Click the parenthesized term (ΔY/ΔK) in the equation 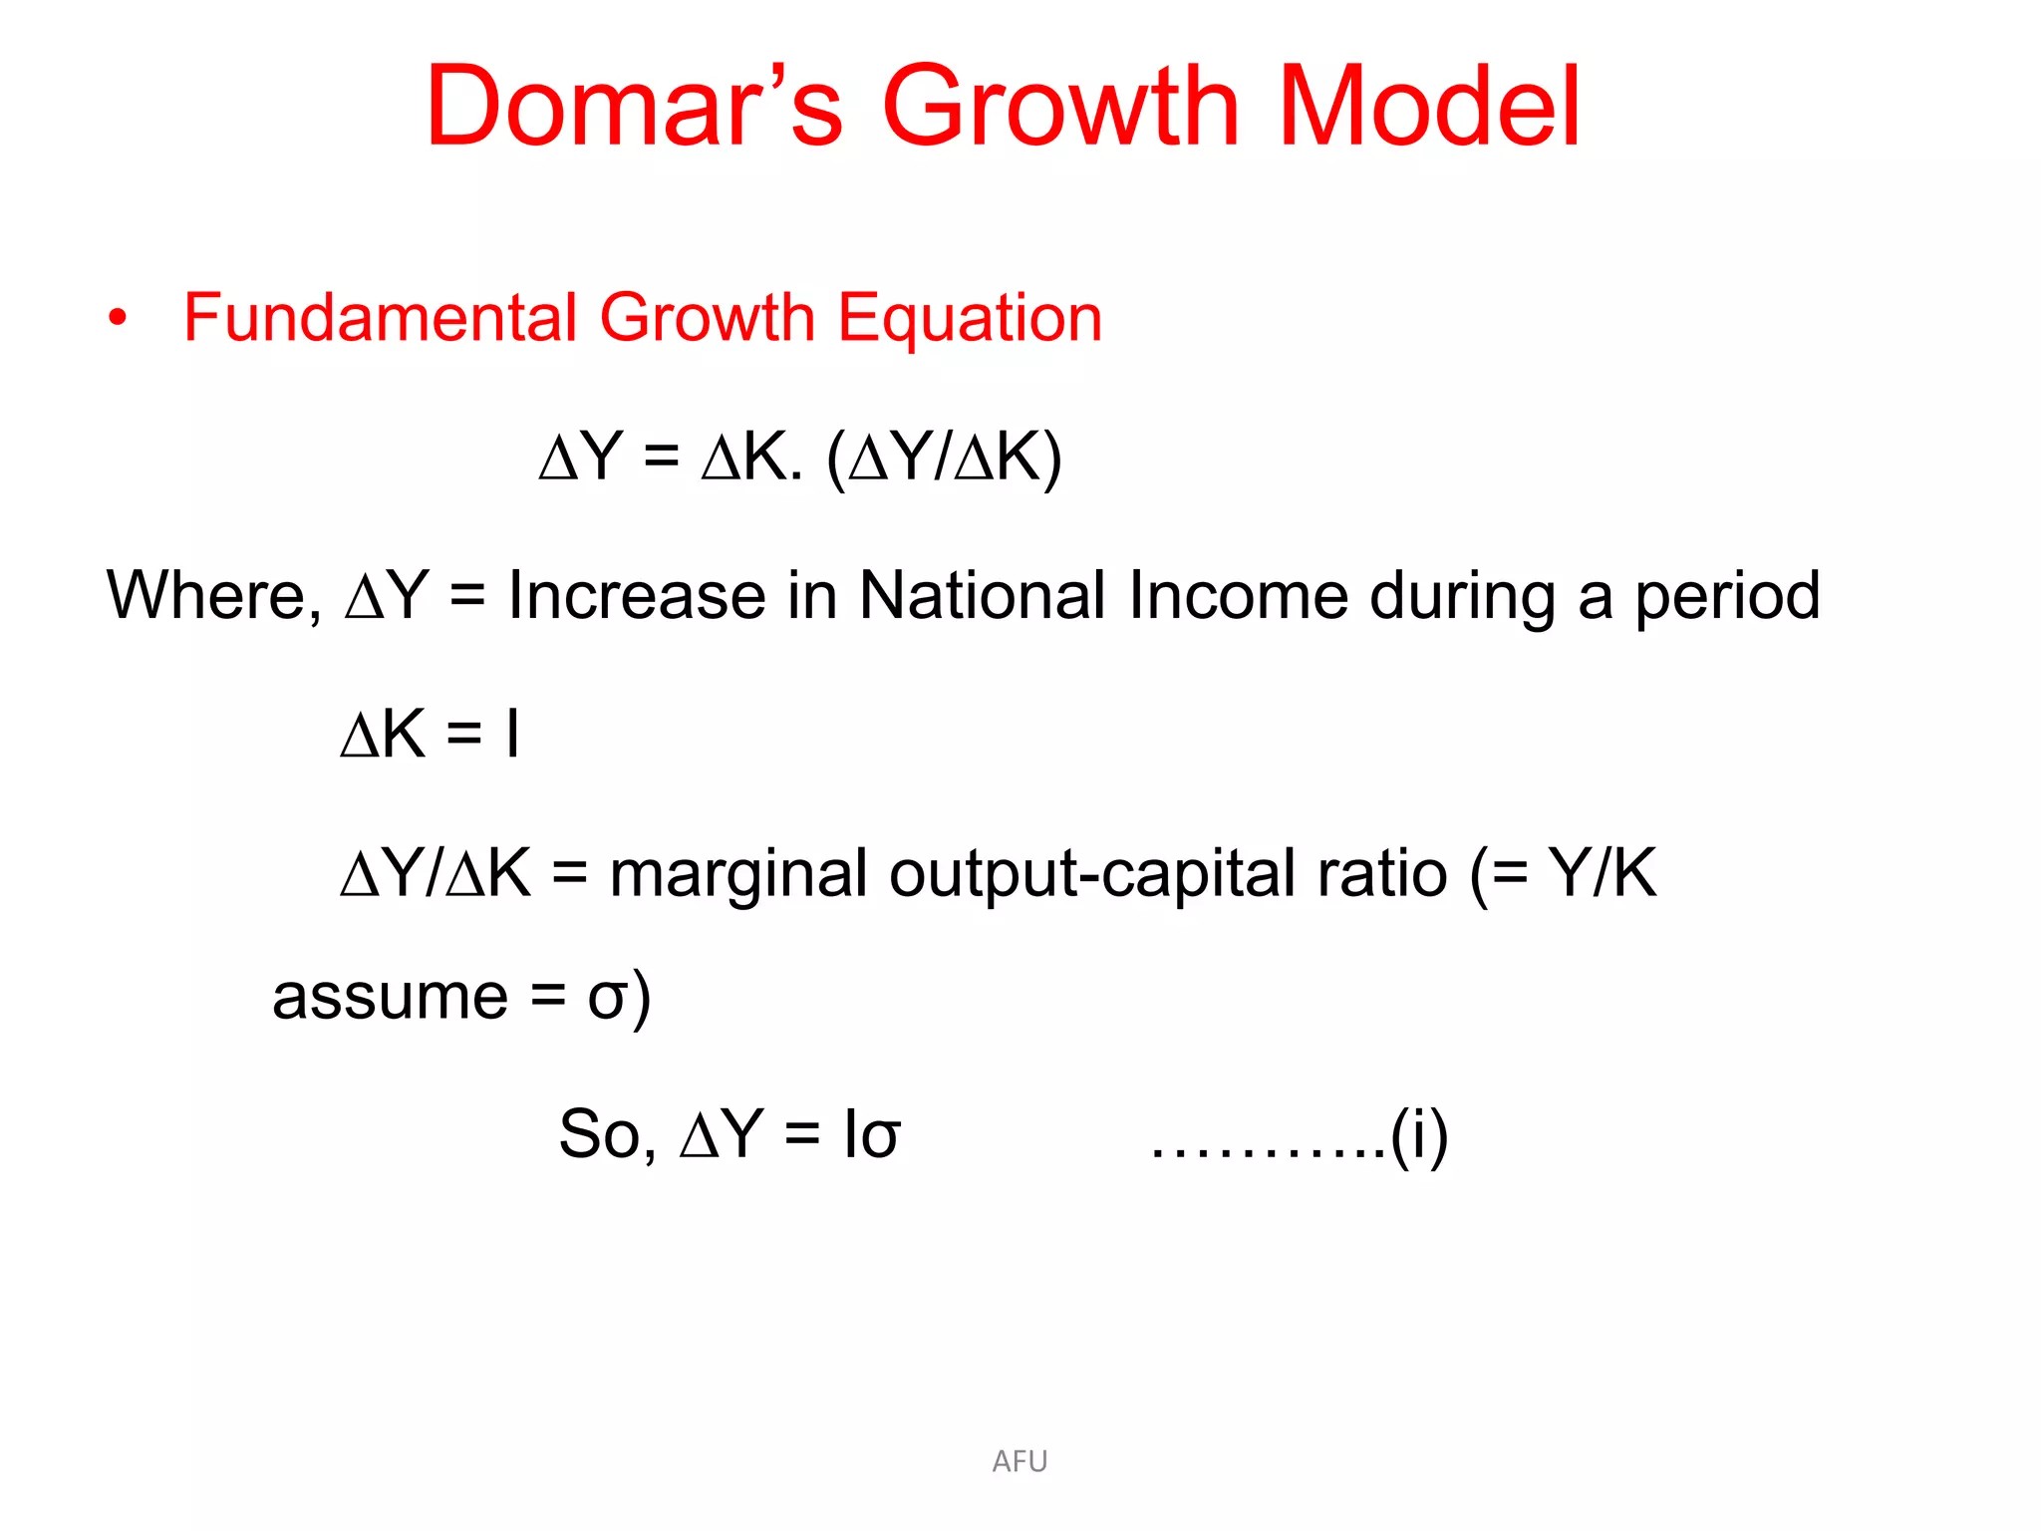click(x=944, y=459)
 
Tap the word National click(x=982, y=596)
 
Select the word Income click(x=1238, y=596)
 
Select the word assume click(x=390, y=997)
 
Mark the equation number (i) click(x=1419, y=1134)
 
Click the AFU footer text click(x=1020, y=1461)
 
